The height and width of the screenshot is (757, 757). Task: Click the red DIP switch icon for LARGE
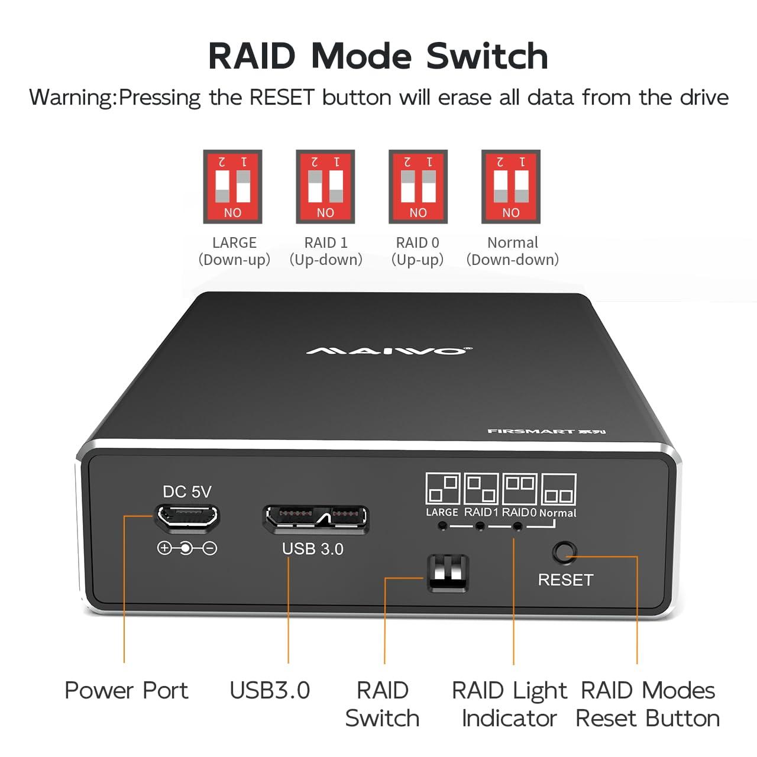click(232, 186)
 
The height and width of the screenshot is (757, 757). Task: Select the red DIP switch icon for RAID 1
click(325, 186)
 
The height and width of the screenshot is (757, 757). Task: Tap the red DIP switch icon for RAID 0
click(418, 186)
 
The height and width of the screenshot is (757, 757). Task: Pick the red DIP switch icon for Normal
click(511, 186)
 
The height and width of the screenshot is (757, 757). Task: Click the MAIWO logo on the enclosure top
click(389, 351)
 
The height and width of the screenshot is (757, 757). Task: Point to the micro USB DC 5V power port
click(186, 517)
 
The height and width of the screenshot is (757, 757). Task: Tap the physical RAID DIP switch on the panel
click(448, 572)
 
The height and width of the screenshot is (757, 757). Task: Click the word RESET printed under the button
click(565, 580)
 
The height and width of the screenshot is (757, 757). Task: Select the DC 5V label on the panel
click(187, 491)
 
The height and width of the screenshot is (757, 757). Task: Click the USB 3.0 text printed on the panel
click(312, 549)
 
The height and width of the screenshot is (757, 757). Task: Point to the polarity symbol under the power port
click(187, 548)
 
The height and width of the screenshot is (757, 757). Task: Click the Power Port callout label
click(126, 690)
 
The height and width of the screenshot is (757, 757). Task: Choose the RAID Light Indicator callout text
click(509, 704)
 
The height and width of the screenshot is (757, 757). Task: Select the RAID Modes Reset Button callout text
click(648, 704)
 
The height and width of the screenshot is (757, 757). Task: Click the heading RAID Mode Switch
click(378, 56)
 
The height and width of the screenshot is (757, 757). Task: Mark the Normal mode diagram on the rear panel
click(558, 490)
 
